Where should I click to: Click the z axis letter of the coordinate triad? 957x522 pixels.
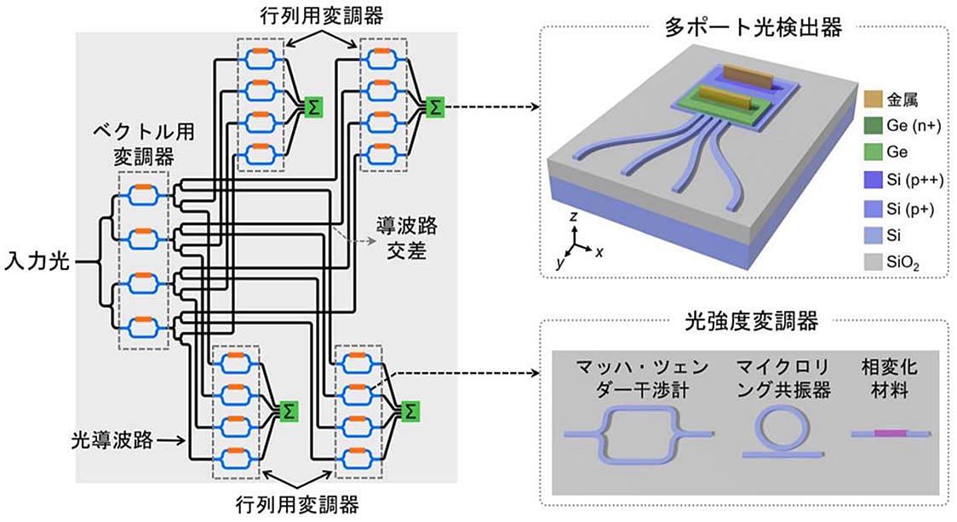point(575,218)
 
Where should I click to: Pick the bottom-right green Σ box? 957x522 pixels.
point(410,411)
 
